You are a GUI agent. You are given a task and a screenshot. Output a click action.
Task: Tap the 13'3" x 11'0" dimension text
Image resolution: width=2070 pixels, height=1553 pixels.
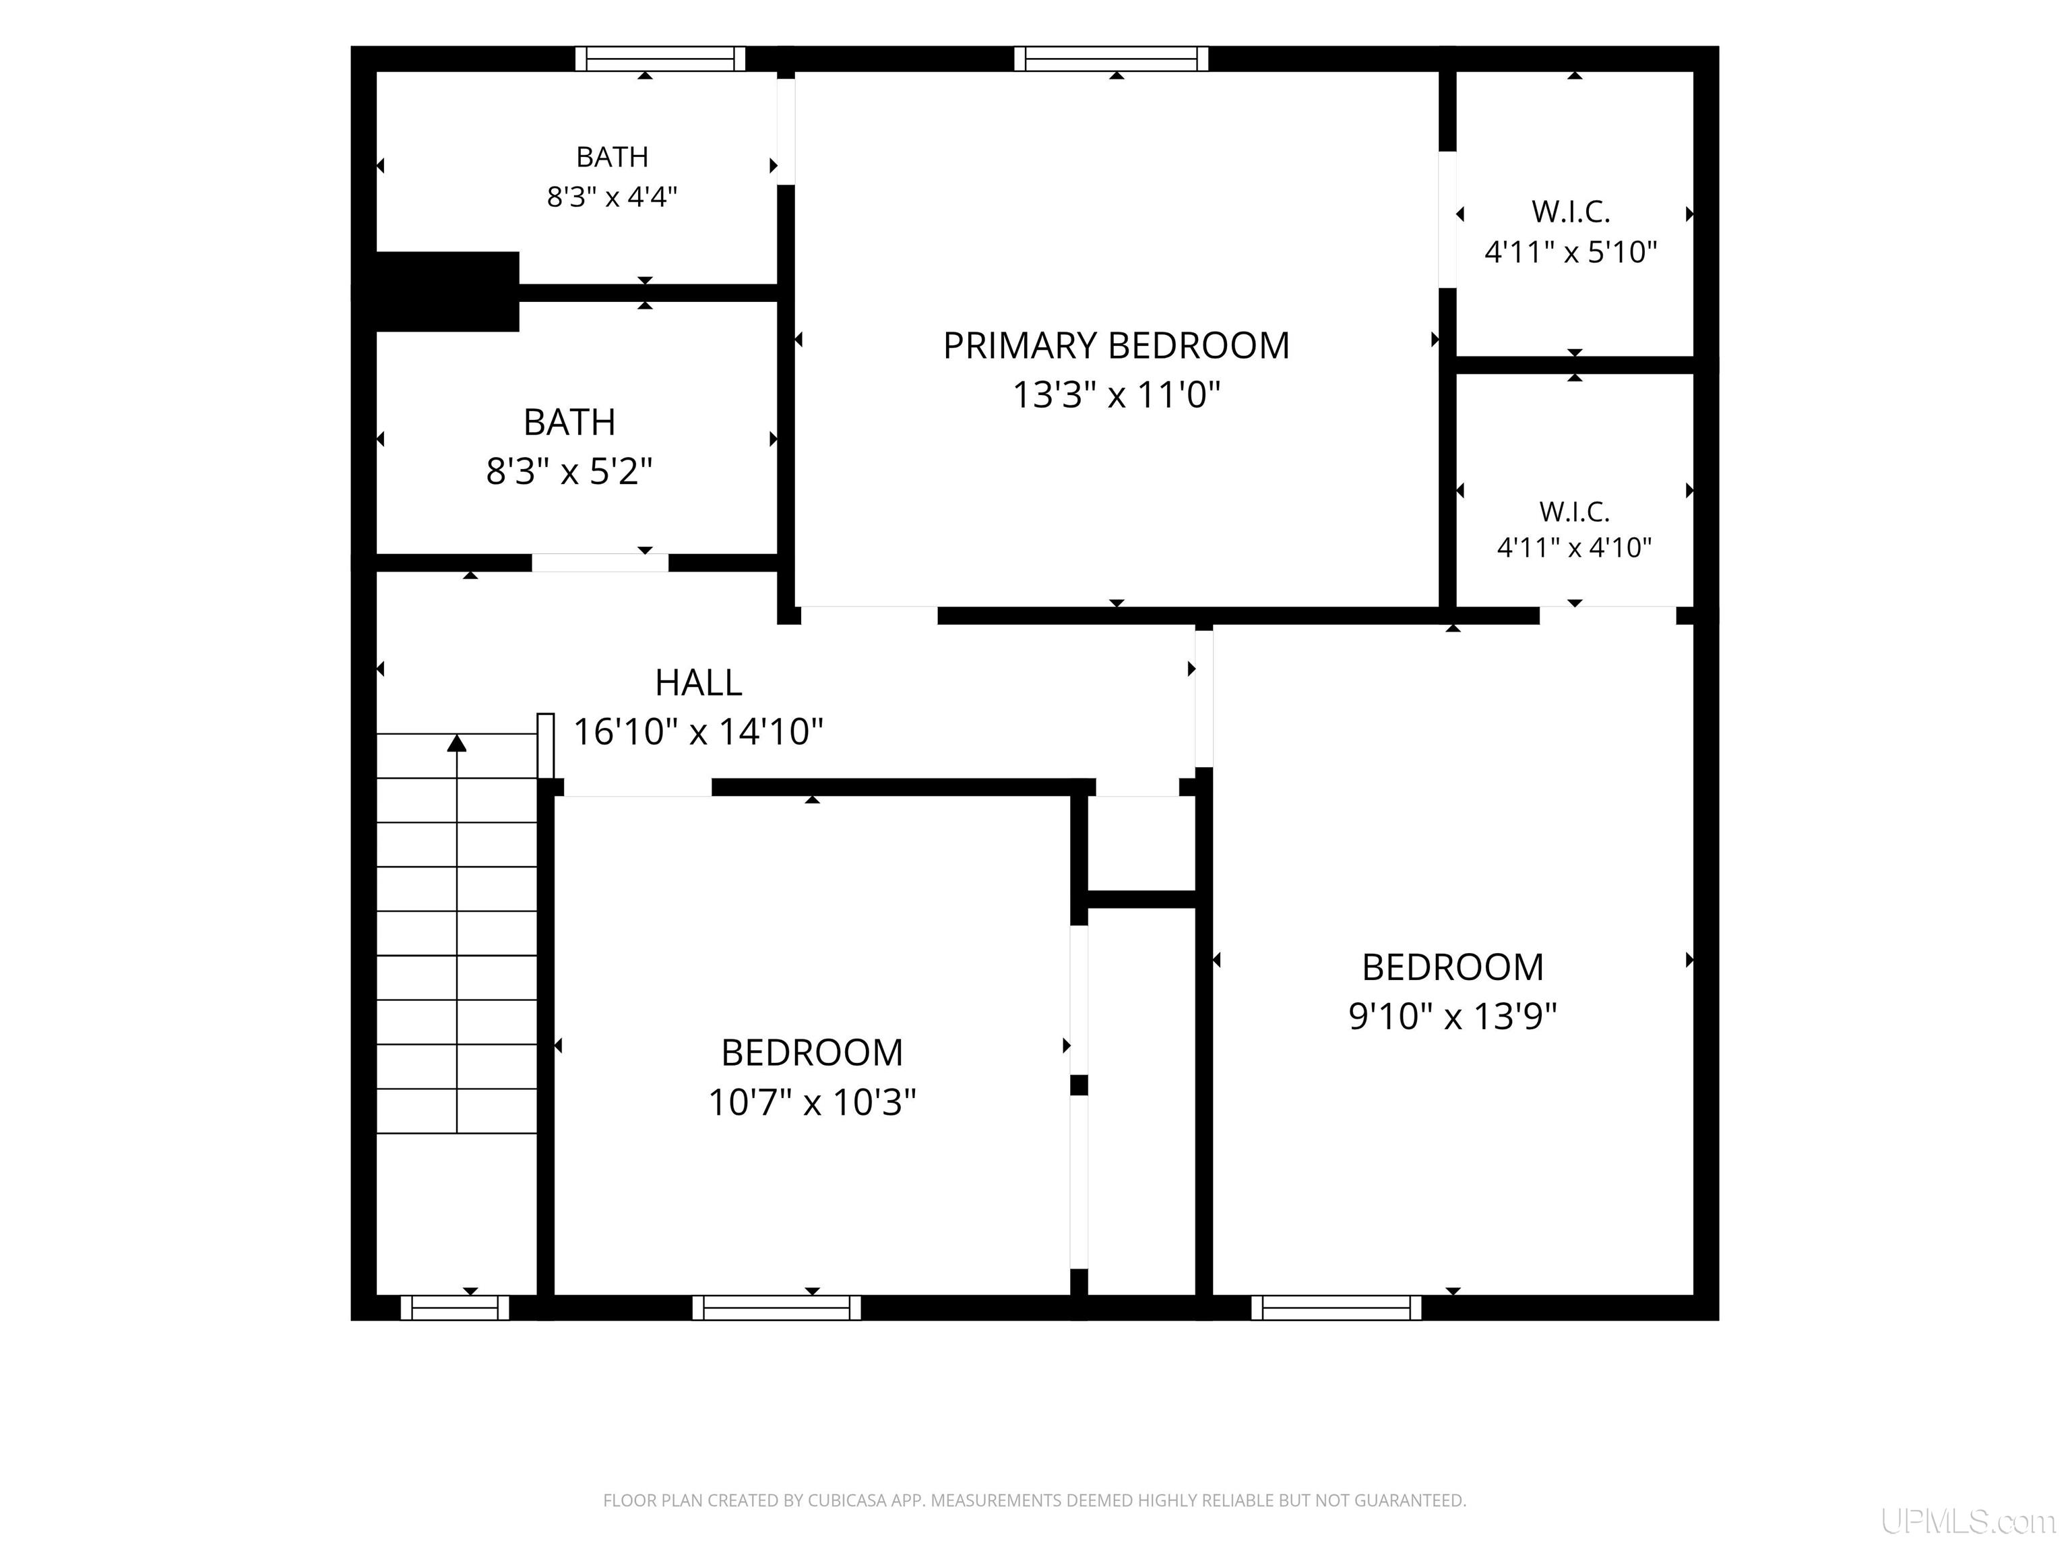tap(1117, 394)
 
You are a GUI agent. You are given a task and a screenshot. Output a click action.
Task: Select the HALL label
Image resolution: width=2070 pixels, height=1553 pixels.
tap(698, 682)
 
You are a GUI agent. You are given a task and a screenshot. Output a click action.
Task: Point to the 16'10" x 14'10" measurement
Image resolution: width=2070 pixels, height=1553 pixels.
tap(698, 731)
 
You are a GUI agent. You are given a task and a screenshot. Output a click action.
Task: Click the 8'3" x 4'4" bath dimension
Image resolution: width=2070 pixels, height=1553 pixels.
tap(612, 197)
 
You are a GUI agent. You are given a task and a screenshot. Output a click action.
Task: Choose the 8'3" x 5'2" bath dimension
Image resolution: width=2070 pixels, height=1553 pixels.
tap(569, 471)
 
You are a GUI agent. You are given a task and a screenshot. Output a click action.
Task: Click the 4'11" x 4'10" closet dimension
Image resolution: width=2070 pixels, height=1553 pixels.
tap(1574, 547)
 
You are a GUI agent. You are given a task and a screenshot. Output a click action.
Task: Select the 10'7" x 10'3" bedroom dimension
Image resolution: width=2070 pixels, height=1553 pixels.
tap(811, 1102)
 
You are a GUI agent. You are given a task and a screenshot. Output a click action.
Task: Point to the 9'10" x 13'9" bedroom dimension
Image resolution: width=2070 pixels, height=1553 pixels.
tap(1452, 1016)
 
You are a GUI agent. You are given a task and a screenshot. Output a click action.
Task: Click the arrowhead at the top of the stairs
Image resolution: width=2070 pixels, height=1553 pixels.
tap(457, 743)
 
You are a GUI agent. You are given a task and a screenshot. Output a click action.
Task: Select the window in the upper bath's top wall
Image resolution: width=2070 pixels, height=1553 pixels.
tap(660, 59)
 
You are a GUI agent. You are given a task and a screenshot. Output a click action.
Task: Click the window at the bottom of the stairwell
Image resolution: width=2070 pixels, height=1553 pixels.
tap(455, 1308)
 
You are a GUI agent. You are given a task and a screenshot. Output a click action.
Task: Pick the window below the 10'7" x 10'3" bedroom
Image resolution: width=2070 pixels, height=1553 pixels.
tap(777, 1308)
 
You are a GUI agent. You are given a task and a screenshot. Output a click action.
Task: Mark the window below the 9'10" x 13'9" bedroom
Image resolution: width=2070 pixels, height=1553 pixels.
tap(1336, 1308)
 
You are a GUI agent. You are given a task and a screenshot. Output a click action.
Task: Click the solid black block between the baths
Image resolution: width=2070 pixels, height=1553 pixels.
tap(447, 291)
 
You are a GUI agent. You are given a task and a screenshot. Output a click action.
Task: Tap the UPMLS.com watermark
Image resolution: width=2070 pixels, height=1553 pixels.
tap(1968, 1522)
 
